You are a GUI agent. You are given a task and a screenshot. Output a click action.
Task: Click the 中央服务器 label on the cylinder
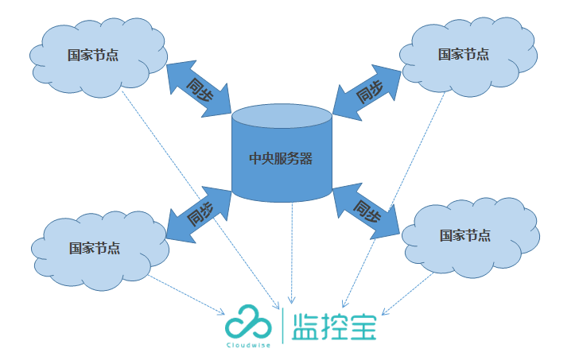point(281,158)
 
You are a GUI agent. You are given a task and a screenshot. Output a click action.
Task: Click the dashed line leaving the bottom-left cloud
point(187,293)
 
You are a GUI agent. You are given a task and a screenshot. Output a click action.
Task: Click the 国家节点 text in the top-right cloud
point(464,54)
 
